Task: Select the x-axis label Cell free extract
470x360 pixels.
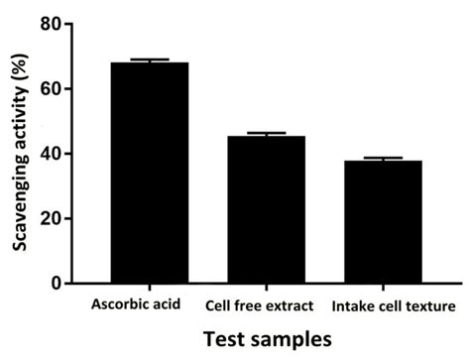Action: coord(261,302)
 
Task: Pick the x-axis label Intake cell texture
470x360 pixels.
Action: coord(394,302)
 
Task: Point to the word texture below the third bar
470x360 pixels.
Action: coord(432,302)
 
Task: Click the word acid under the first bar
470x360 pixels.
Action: coord(166,302)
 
